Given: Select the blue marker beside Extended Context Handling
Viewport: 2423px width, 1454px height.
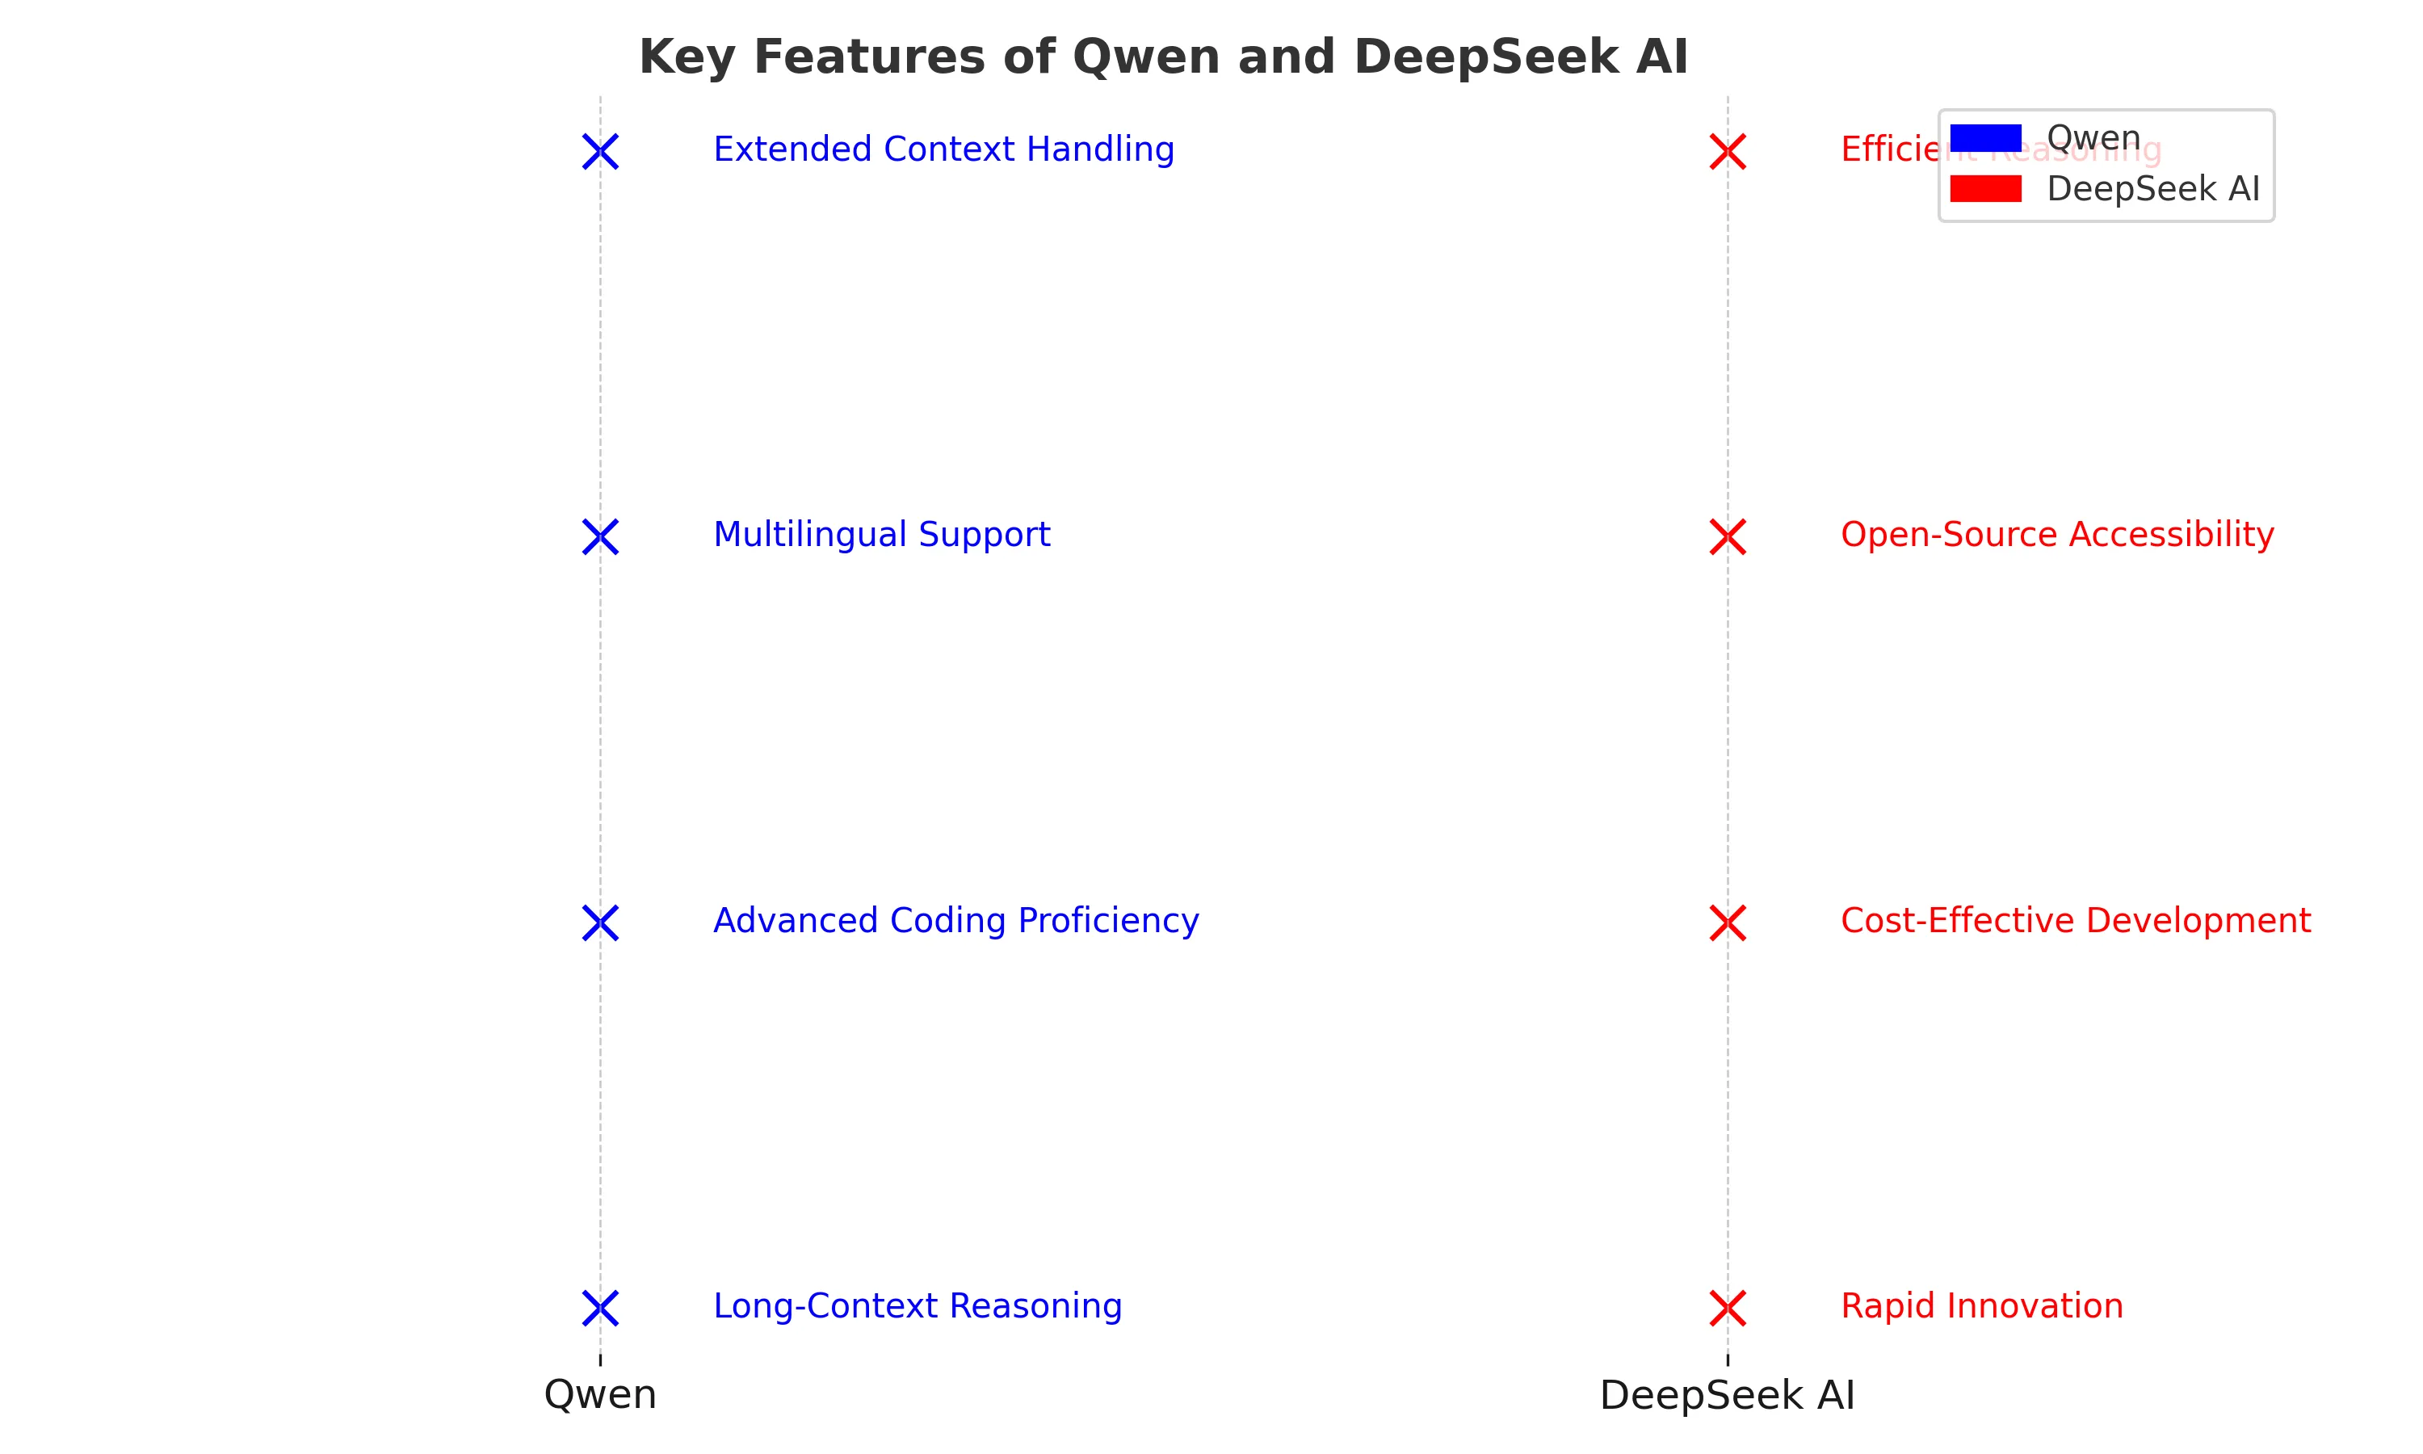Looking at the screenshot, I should coord(600,152).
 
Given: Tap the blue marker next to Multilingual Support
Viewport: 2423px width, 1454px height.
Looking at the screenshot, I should coord(600,537).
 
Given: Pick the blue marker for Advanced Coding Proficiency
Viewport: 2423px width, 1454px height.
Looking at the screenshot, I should coord(600,923).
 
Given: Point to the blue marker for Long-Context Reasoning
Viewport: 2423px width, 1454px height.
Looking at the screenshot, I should coord(600,1308).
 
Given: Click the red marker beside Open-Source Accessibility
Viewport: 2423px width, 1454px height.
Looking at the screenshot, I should coord(1728,537).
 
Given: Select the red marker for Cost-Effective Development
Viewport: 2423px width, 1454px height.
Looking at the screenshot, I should coord(1728,923).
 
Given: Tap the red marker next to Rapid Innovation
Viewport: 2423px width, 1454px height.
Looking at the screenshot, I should coord(1728,1308).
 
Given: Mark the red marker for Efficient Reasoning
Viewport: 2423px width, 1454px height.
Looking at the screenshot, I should coord(1728,152).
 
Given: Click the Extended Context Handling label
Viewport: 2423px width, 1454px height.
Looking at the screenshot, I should coord(943,150).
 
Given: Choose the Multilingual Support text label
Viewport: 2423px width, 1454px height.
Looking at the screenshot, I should coord(881,535).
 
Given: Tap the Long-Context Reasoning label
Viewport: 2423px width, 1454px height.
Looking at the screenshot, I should coord(918,1306).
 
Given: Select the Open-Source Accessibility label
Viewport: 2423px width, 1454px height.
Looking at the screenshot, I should coord(2056,535).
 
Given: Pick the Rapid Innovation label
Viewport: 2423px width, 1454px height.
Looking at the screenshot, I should coord(1981,1306).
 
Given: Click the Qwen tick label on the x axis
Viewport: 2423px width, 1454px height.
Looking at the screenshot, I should coord(600,1394).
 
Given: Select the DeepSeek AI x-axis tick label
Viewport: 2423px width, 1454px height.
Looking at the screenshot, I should coord(1728,1394).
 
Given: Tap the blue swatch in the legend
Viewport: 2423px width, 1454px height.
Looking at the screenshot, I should coord(1985,138).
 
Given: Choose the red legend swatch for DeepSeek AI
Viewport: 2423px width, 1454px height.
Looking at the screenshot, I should coord(1985,189).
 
